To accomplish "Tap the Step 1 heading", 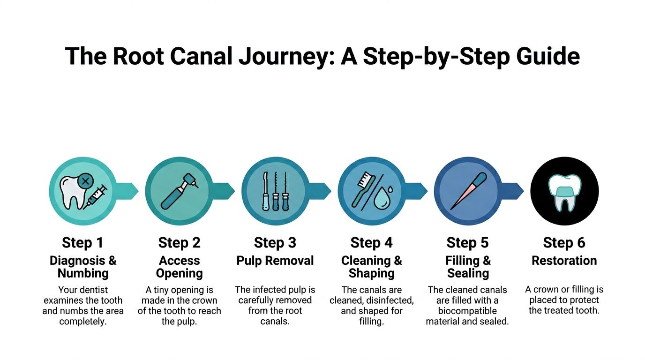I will [x=82, y=243].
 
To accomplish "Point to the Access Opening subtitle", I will [x=179, y=267].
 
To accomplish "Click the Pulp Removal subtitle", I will [x=275, y=261].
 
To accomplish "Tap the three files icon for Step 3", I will [x=275, y=191].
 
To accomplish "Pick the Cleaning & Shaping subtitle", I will [x=372, y=267].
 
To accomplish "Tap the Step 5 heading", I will [x=467, y=243].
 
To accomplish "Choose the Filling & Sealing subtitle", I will [x=468, y=267].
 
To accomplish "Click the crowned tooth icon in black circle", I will [x=564, y=192].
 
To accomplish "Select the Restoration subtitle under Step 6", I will [x=564, y=261].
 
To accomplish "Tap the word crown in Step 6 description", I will [x=545, y=290].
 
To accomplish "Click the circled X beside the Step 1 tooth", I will [x=85, y=180].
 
